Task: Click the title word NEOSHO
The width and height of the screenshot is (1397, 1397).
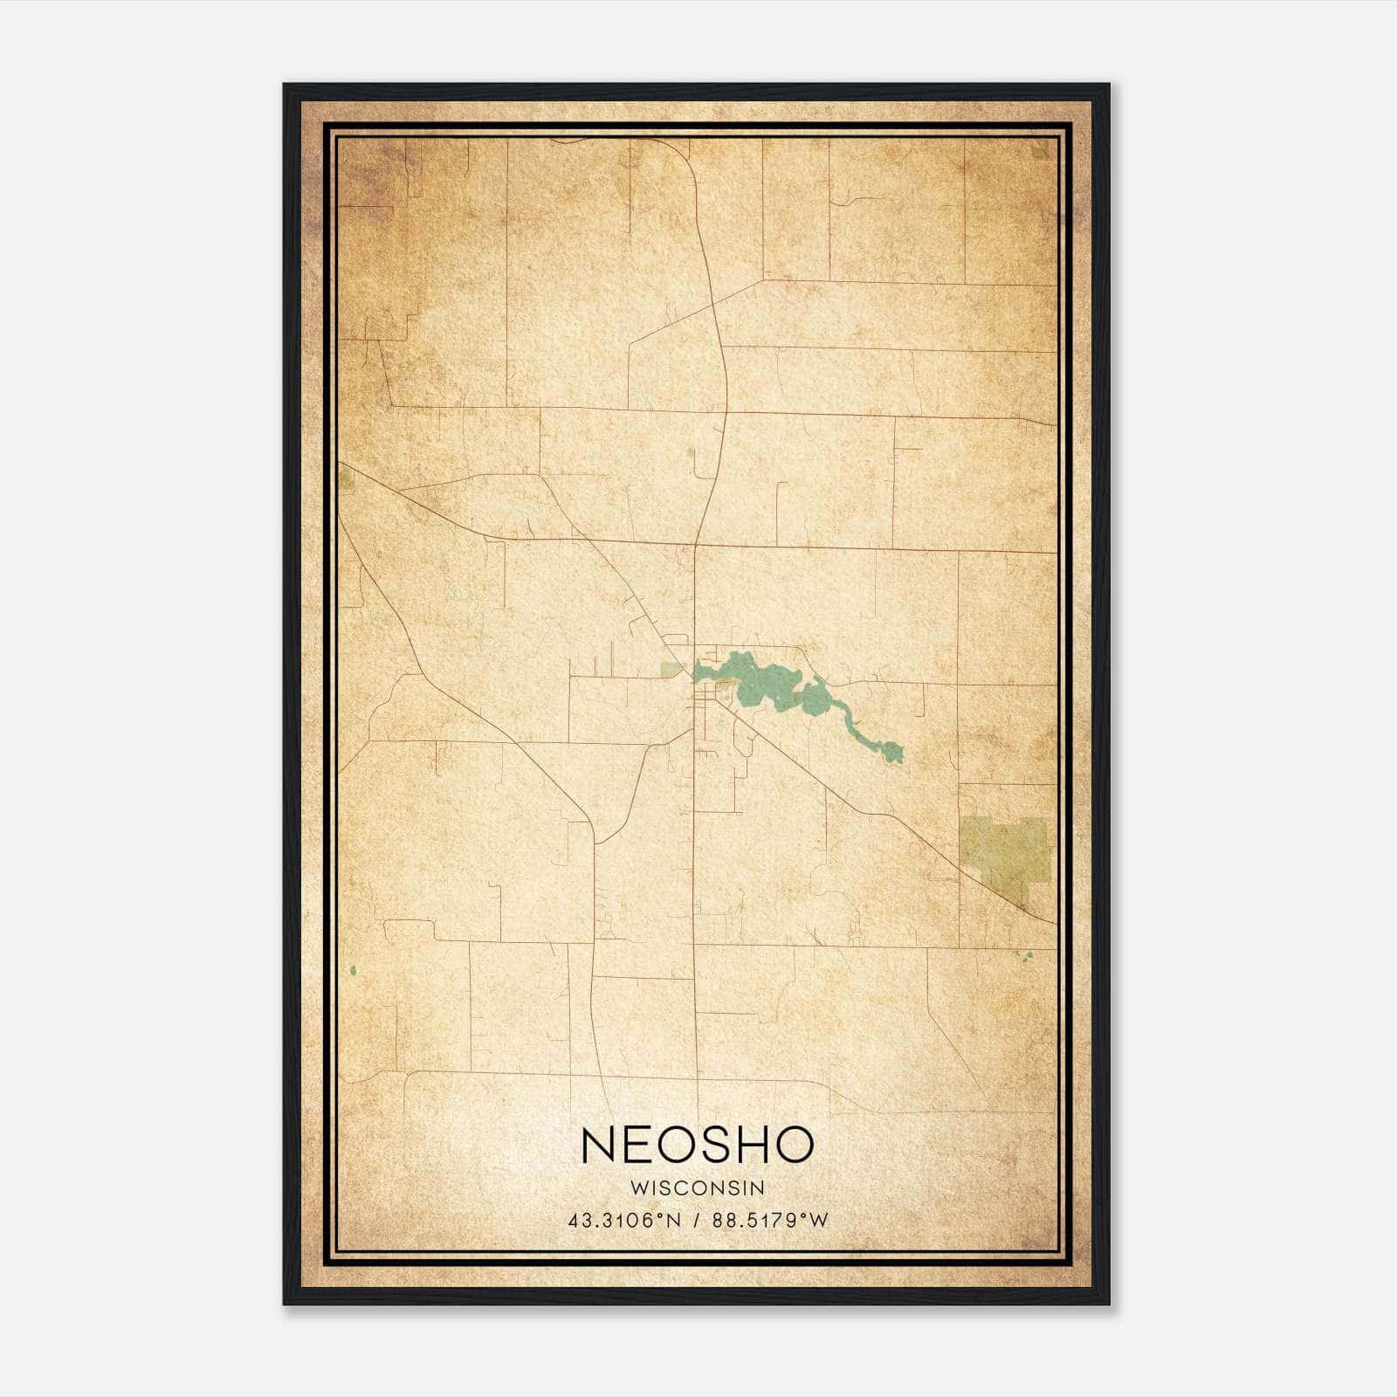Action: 698,1145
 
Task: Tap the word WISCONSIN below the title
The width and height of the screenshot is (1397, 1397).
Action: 698,1188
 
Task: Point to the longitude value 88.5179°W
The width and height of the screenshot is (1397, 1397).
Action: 770,1220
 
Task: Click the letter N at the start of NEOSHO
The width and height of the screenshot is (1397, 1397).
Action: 598,1145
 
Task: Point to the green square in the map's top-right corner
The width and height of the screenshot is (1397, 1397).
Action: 1040,149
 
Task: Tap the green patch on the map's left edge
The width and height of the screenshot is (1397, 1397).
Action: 346,478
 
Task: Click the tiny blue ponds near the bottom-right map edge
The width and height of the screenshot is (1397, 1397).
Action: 1026,955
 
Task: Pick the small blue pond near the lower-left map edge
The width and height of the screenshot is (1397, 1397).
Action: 353,970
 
